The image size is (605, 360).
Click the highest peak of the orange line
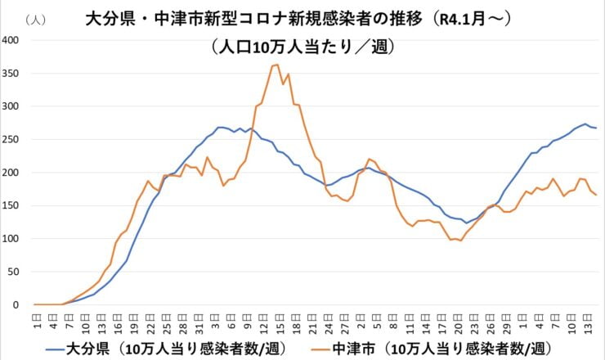277,65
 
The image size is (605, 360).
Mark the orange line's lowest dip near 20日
460,241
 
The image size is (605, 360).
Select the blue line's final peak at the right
585,124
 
